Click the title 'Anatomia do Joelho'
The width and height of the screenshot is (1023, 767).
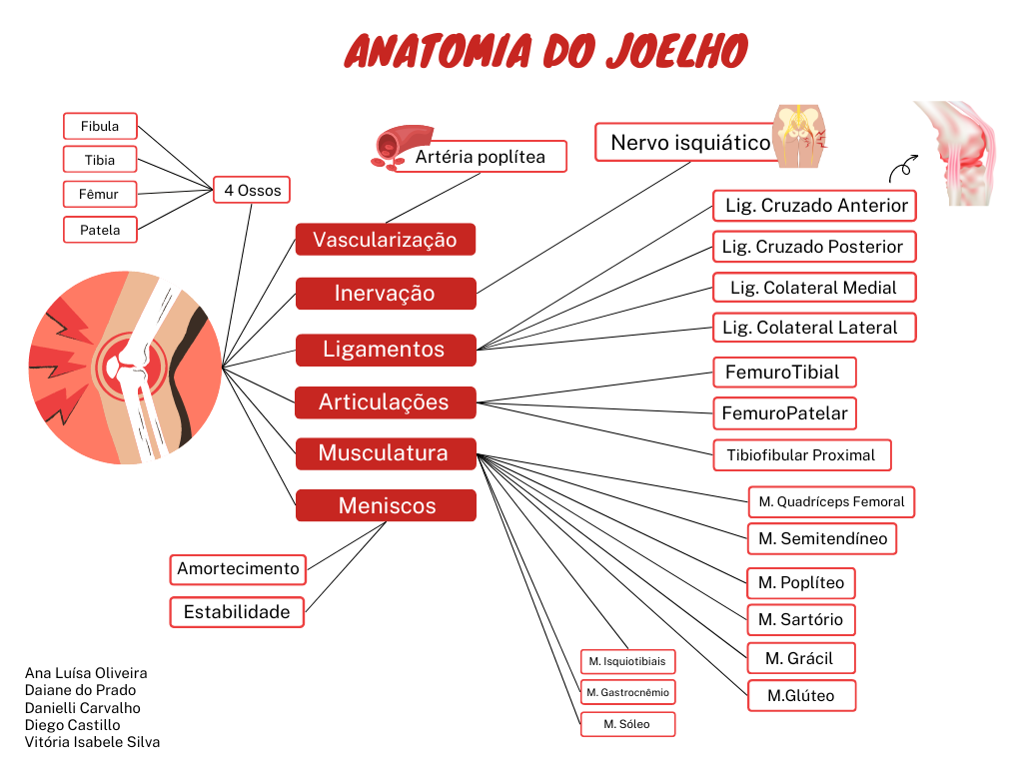click(x=545, y=50)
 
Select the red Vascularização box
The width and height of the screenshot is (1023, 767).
click(x=385, y=240)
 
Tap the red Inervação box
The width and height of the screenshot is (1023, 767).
click(x=385, y=294)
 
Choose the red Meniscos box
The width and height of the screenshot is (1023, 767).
click(x=386, y=505)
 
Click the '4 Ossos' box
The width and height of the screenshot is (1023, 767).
click(x=252, y=190)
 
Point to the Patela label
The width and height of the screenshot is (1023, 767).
click(x=100, y=230)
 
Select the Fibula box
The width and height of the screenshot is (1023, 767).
click(x=100, y=126)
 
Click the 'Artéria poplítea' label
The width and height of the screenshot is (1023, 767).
click(x=481, y=157)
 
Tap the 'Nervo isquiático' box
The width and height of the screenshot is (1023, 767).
click(x=690, y=142)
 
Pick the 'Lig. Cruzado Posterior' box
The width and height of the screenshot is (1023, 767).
click(x=812, y=247)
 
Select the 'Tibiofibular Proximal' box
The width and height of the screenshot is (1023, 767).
click(x=801, y=455)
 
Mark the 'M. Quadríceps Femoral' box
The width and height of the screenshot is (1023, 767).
click(x=831, y=501)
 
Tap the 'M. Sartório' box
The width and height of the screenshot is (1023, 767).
click(x=800, y=619)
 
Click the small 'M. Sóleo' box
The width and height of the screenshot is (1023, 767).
click(x=627, y=724)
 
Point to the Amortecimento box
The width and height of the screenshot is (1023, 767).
click(x=238, y=569)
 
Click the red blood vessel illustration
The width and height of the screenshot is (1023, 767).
click(x=392, y=147)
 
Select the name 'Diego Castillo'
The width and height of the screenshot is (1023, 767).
click(x=72, y=725)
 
